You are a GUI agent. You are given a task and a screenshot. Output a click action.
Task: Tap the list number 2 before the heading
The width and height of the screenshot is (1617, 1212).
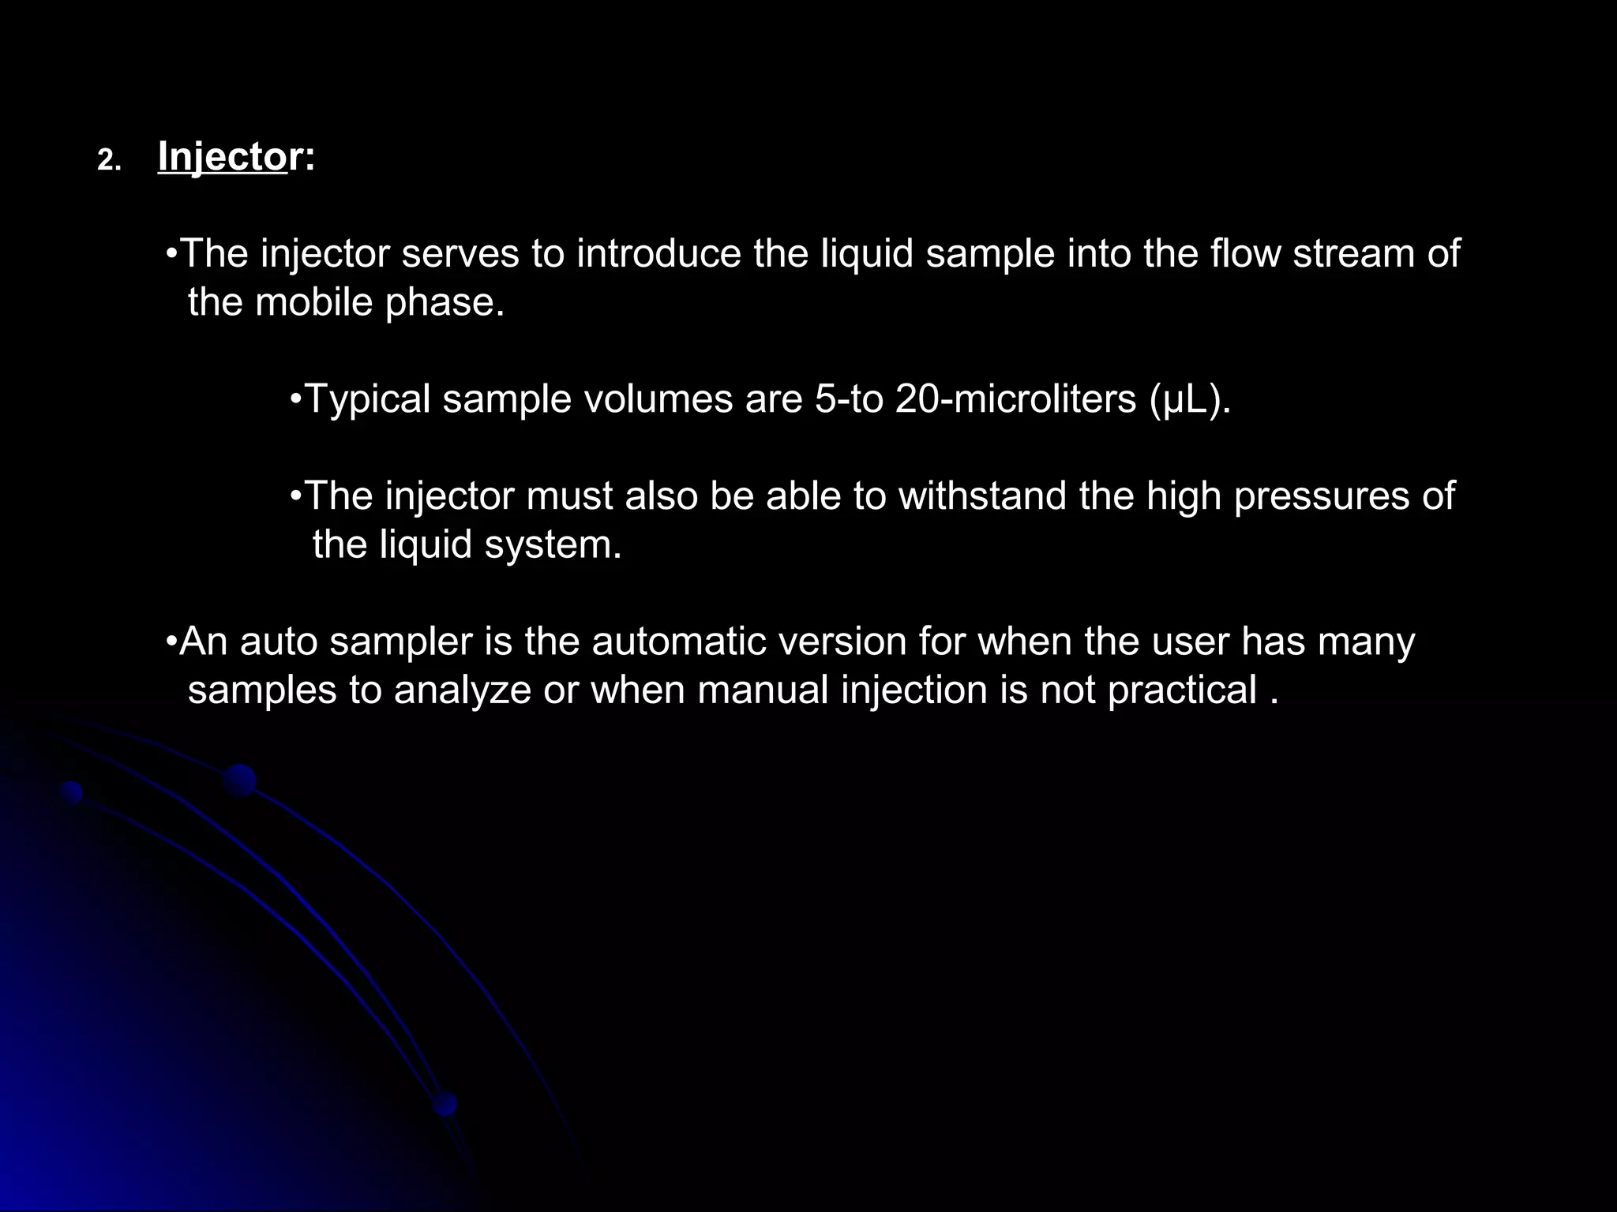(x=109, y=161)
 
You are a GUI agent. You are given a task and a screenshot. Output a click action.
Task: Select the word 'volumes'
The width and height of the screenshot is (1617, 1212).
(x=658, y=399)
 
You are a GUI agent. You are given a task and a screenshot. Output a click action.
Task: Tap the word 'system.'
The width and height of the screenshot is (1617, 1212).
(x=553, y=545)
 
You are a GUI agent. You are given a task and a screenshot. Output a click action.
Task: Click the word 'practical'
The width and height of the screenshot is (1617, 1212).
(x=1181, y=691)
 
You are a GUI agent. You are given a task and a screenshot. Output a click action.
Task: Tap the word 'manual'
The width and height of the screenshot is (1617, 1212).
(x=763, y=690)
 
